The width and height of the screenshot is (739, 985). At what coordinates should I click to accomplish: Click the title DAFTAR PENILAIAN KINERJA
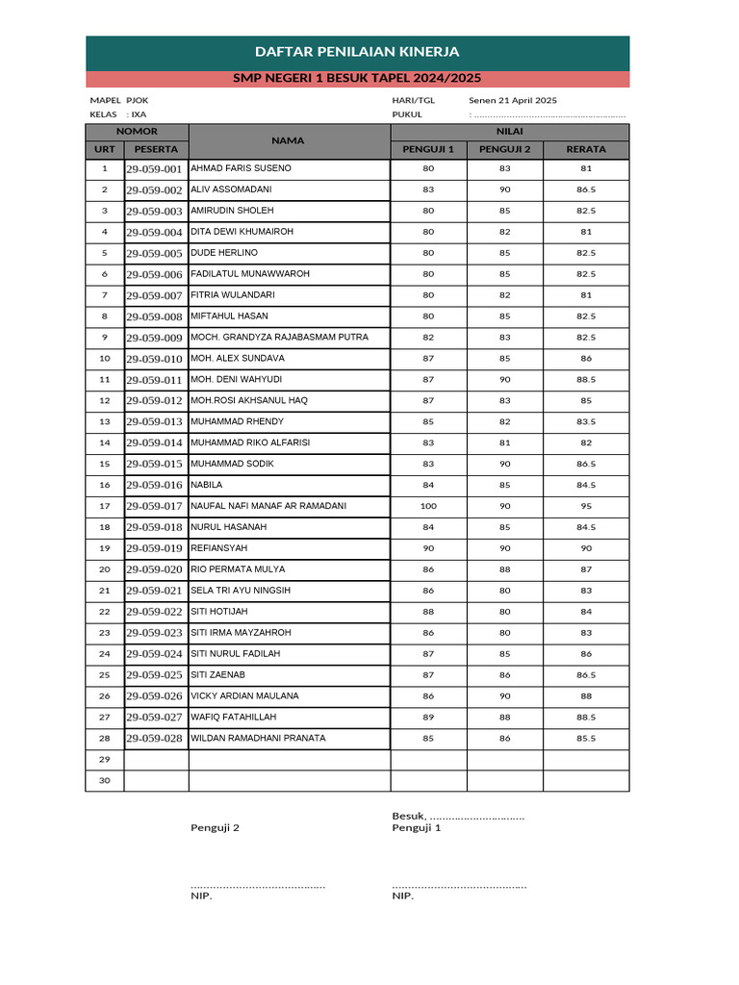tap(357, 52)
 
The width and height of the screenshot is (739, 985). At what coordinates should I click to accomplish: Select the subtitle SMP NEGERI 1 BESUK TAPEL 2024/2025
tap(357, 79)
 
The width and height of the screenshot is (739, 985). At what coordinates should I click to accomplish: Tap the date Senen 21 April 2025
tap(512, 100)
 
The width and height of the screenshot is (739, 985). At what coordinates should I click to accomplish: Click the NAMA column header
tap(288, 140)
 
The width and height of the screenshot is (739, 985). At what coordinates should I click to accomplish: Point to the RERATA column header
tap(585, 149)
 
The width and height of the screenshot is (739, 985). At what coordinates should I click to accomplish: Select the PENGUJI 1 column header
tap(428, 149)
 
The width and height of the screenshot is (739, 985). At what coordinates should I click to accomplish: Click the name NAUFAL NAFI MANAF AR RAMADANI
tap(268, 506)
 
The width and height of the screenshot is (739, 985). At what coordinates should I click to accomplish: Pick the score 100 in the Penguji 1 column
tap(428, 506)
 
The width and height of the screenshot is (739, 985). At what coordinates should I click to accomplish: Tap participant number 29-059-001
tap(154, 169)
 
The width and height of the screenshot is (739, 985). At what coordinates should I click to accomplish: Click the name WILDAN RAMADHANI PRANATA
tap(258, 739)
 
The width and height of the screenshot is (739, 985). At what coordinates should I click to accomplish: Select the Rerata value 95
tap(585, 506)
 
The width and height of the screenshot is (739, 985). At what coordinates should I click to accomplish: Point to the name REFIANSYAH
tap(219, 548)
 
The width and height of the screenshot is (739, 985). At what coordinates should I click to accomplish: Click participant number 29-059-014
tap(154, 443)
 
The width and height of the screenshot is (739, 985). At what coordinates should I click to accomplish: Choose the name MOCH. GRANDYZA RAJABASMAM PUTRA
tap(279, 338)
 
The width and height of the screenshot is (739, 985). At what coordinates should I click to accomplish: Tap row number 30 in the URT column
tap(104, 781)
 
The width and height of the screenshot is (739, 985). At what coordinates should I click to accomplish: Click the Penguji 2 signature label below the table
tap(215, 827)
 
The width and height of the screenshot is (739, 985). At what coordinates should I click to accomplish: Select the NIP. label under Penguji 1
tap(402, 897)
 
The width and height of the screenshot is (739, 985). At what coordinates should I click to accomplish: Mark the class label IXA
tap(139, 114)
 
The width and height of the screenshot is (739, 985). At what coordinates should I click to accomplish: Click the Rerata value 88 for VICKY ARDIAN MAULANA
tap(585, 696)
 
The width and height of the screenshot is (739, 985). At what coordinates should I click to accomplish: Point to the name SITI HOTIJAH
tap(219, 612)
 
